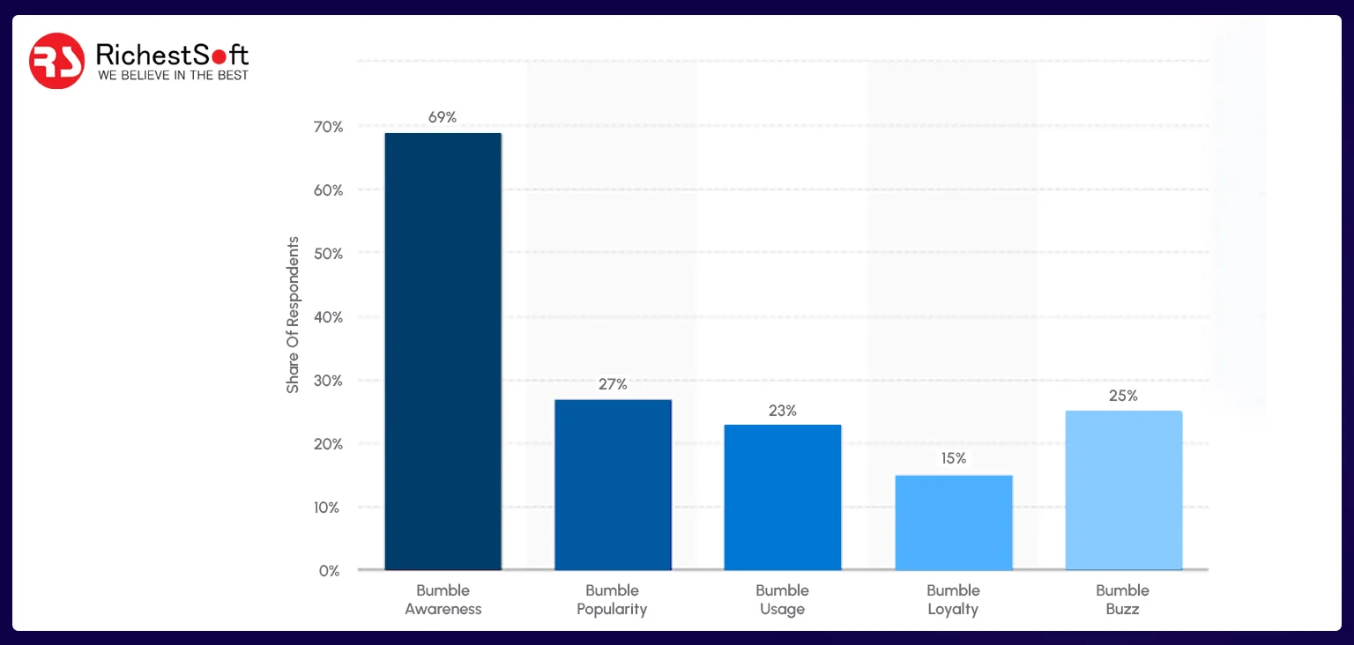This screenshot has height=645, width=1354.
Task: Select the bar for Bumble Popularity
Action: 613,485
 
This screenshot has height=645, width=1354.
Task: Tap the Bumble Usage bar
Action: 783,497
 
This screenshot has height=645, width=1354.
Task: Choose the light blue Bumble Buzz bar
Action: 1123,490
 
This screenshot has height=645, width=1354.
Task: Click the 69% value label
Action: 443,117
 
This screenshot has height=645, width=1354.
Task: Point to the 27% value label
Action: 613,384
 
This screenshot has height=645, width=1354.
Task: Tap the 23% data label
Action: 783,411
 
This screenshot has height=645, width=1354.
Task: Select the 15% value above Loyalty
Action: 953,458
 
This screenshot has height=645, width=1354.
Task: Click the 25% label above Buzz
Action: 1123,396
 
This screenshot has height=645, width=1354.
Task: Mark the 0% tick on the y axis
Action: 329,571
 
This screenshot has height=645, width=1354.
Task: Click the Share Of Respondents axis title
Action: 293,315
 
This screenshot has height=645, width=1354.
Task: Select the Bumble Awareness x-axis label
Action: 443,599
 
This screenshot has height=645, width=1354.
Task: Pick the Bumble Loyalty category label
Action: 953,599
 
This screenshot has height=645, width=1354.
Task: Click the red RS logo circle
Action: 56,61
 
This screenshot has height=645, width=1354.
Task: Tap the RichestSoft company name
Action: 172,55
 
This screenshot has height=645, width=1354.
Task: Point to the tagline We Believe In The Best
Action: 173,76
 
